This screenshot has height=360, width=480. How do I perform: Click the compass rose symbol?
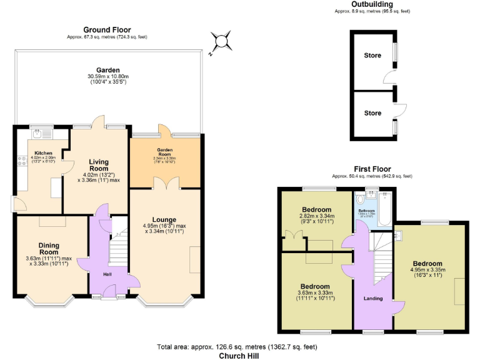[x=221, y=42]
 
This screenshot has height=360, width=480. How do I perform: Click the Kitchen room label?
[x=43, y=153]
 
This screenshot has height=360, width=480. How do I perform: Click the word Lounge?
[x=164, y=219]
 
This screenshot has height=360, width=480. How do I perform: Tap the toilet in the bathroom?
[x=361, y=199]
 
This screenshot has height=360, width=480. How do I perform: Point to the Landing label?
[x=373, y=298]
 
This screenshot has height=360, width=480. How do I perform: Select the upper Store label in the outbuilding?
[x=372, y=56]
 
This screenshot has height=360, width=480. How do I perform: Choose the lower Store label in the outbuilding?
[x=372, y=113]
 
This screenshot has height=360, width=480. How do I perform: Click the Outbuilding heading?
[x=372, y=4]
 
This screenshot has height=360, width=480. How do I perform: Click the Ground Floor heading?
[x=107, y=29]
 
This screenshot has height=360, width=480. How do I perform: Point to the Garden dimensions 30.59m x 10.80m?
[x=107, y=77]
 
